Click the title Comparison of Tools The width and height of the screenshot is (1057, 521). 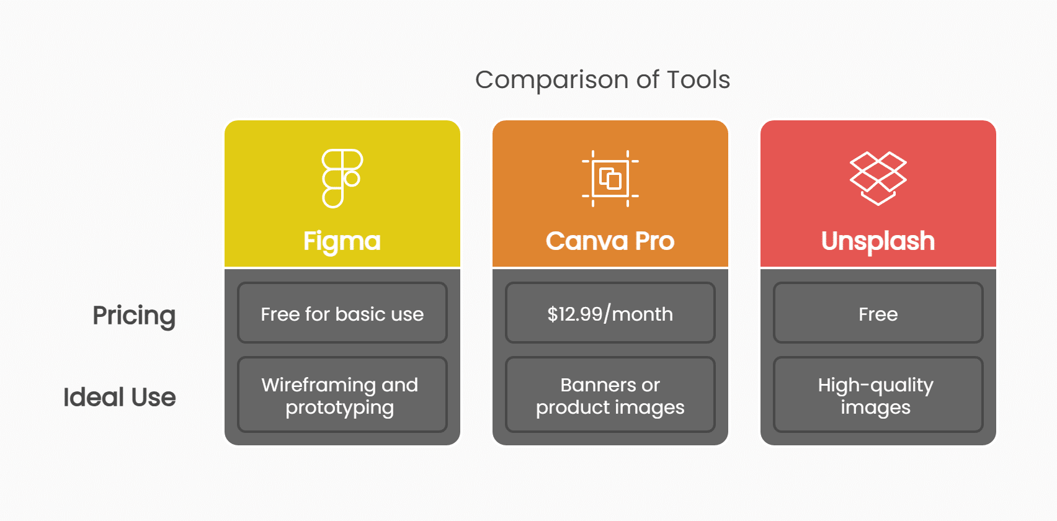[602, 80]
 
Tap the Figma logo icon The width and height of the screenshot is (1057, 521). [342, 178]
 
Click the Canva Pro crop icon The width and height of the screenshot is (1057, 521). [610, 179]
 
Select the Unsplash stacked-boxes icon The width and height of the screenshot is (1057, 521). [878, 178]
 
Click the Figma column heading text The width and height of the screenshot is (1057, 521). [342, 241]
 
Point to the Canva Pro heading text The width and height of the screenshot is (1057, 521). [610, 241]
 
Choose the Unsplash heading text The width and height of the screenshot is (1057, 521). [878, 241]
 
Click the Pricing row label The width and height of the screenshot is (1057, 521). [134, 315]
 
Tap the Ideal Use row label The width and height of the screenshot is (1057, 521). [120, 397]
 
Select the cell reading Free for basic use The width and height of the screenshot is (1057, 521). [342, 313]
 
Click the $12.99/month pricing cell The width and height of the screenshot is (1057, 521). [610, 313]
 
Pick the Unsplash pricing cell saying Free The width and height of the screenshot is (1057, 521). [878, 313]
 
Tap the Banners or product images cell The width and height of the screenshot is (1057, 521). [610, 395]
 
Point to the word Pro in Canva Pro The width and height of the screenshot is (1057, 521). [654, 241]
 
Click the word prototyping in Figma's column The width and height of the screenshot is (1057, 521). [339, 408]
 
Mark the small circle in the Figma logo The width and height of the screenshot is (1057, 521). [352, 179]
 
